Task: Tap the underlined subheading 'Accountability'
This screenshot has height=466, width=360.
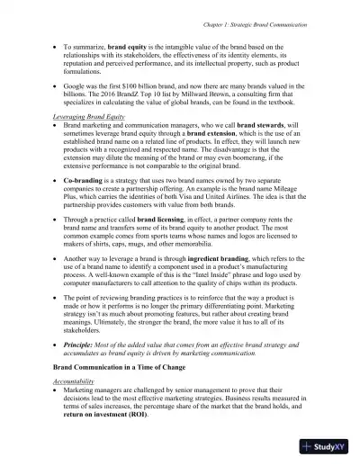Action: (x=80, y=381)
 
